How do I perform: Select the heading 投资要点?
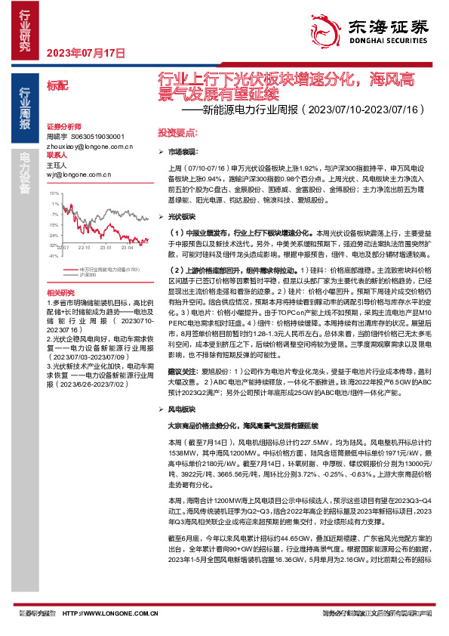pos(174,132)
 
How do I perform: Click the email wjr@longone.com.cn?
pos(74,173)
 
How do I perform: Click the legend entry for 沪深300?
pos(89,274)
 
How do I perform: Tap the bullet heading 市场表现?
pos(179,152)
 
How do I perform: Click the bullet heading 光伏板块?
pos(179,216)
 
